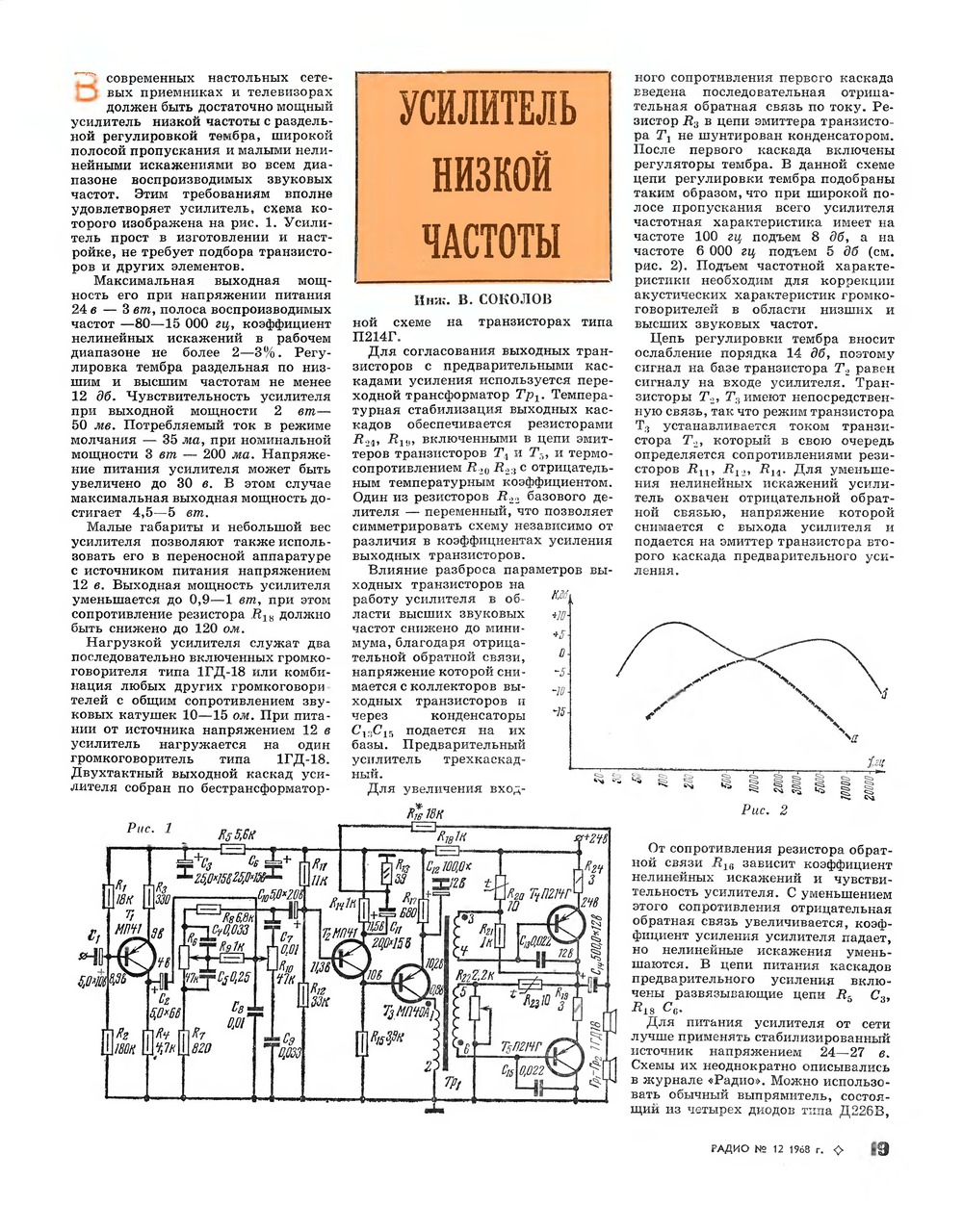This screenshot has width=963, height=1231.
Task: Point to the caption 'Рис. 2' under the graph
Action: point(765,809)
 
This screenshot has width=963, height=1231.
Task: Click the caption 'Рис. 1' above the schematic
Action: point(150,828)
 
